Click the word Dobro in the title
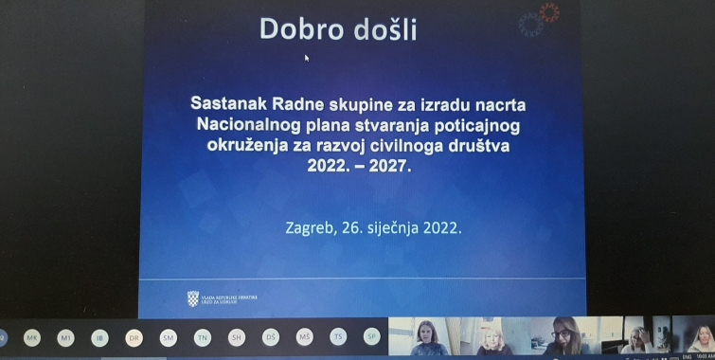[x=299, y=29]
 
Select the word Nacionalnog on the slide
[x=246, y=125]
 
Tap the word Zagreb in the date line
[x=312, y=227]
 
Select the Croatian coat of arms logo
[x=193, y=299]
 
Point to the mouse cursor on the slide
[x=306, y=57]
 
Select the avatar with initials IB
[x=99, y=338]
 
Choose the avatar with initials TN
[x=202, y=338]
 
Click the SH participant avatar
[x=236, y=338]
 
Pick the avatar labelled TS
[x=338, y=338]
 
